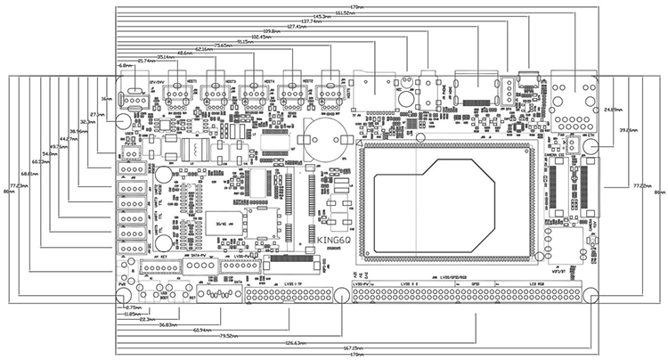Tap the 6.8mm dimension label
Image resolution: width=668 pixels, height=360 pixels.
126,65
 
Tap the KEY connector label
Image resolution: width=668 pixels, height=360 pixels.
161,254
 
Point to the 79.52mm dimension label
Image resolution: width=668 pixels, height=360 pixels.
228,335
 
